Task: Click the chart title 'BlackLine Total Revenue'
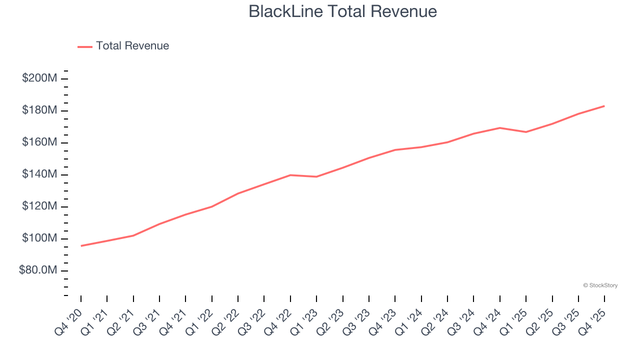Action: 342,11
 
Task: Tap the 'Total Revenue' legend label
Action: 132,46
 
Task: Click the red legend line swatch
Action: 85,46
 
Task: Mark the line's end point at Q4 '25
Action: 604,106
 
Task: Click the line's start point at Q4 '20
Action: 81,245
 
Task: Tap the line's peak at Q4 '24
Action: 500,128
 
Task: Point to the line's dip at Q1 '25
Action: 526,132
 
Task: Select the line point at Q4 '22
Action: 290,175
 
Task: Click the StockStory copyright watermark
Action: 600,285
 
